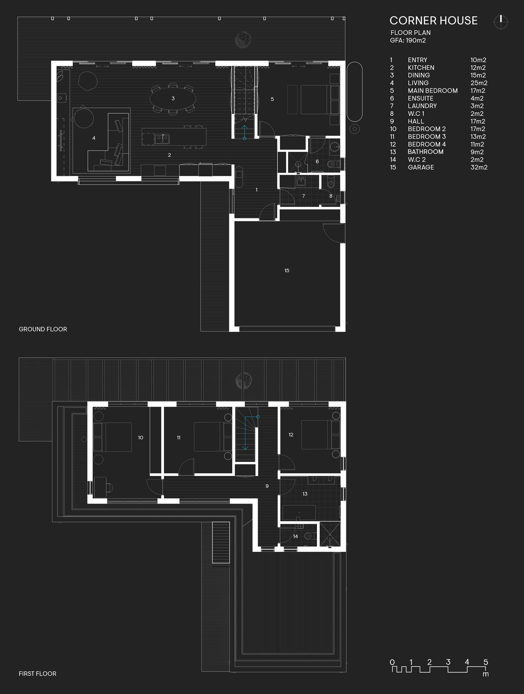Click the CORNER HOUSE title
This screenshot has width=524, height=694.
pyautogui.click(x=433, y=21)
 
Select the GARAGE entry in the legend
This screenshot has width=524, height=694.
pyautogui.click(x=421, y=167)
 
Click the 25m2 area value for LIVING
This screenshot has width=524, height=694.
pyautogui.click(x=479, y=83)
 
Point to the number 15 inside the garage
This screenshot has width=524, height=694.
pyautogui.click(x=287, y=270)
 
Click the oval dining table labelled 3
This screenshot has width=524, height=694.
pyautogui.click(x=173, y=99)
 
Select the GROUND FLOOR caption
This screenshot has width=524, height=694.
pyautogui.click(x=43, y=329)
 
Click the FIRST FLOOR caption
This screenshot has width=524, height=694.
pyautogui.click(x=38, y=674)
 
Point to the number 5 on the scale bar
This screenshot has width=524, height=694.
pyautogui.click(x=486, y=662)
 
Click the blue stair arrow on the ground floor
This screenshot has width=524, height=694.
pyautogui.click(x=244, y=132)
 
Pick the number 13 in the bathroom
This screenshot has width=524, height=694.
pyautogui.click(x=305, y=494)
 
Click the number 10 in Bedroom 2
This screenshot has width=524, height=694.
pyautogui.click(x=141, y=437)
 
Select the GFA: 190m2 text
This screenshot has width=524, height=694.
pyautogui.click(x=408, y=40)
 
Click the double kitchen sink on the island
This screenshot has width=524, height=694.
pyautogui.click(x=162, y=138)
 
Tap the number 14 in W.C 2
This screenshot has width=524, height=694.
pyautogui.click(x=295, y=536)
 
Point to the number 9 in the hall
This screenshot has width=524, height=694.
pyautogui.click(x=267, y=486)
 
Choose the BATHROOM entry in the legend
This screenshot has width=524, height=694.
pyautogui.click(x=425, y=152)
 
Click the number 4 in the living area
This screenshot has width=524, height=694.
pyautogui.click(x=94, y=138)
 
